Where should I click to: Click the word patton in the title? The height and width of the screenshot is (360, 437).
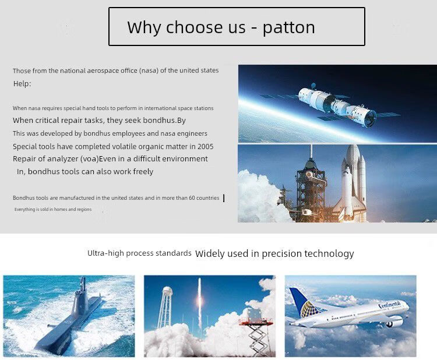289,28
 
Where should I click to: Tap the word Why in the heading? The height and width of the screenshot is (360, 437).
144,28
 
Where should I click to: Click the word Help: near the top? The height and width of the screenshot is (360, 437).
22,83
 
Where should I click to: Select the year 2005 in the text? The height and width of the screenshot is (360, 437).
206,147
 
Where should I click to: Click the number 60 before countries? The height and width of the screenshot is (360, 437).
192,198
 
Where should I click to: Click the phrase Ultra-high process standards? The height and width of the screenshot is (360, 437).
139,253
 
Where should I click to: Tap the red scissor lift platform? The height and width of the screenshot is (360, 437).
256,322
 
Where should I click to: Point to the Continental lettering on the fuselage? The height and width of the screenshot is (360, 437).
390,305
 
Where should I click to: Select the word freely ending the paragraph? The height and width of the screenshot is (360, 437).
143,172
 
